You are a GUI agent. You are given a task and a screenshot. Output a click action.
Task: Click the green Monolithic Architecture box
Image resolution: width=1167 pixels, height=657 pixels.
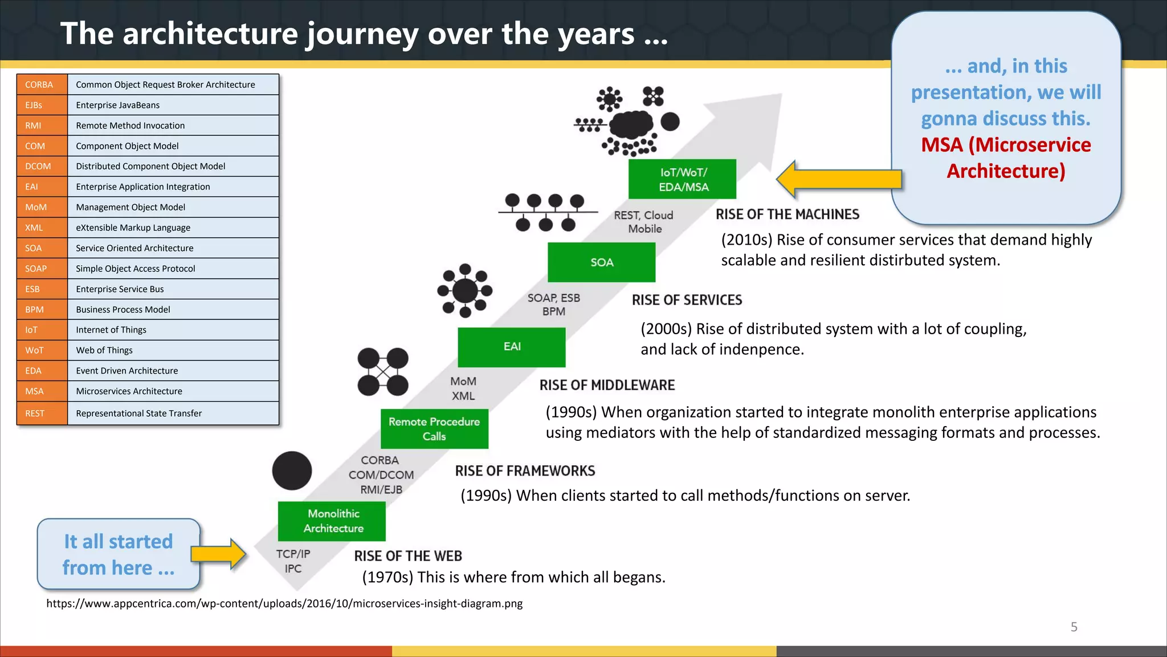point(332,521)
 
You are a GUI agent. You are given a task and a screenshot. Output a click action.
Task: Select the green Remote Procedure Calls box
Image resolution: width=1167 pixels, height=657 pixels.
point(434,429)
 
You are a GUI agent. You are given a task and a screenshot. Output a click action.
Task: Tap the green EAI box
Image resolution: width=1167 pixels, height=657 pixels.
point(512,347)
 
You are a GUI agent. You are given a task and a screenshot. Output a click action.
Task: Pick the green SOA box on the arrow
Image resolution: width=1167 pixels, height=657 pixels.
point(601,262)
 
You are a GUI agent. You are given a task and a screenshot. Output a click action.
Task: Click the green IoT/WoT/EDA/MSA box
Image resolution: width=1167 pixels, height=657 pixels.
point(682,179)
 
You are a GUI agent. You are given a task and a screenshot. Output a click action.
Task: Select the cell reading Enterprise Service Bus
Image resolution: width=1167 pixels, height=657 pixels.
point(173,289)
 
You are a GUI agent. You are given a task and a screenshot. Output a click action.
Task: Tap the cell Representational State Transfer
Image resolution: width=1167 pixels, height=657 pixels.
point(173,413)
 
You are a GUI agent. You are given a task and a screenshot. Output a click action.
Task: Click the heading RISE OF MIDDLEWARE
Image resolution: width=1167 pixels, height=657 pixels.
point(607,386)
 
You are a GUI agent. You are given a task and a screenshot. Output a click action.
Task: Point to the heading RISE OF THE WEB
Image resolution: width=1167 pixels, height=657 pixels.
point(408,556)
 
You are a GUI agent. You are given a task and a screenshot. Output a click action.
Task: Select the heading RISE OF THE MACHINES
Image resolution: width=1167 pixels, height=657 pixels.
point(787,214)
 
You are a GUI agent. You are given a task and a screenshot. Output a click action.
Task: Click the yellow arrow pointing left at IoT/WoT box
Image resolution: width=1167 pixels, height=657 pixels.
point(839,179)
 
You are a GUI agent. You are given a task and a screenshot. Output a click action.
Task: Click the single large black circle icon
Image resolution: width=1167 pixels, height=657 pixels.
point(292,471)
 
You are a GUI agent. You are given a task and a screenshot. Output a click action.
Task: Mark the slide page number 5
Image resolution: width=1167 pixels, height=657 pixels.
point(1074,627)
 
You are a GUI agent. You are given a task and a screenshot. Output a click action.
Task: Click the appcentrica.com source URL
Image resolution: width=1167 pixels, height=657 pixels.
point(284,603)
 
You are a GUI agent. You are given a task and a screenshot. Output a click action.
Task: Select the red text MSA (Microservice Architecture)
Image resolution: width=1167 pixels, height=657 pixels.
point(1006,158)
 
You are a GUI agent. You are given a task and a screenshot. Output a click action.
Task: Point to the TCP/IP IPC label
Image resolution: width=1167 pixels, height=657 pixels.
point(293,561)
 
